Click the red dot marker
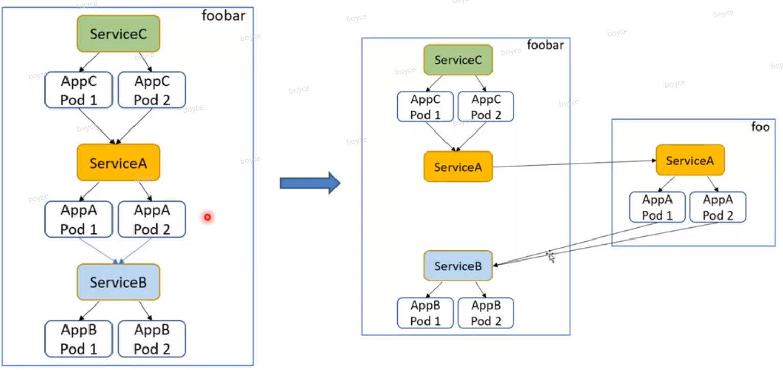click(207, 217)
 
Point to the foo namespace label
click(760, 126)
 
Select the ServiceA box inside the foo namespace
click(690, 161)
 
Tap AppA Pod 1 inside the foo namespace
click(657, 207)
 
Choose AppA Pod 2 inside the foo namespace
click(718, 207)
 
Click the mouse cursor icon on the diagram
click(551, 256)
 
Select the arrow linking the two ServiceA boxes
click(573, 163)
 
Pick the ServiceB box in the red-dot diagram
click(118, 282)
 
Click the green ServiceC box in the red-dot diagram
click(118, 34)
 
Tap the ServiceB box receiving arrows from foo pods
click(458, 266)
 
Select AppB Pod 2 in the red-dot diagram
click(151, 339)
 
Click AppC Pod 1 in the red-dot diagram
click(79, 90)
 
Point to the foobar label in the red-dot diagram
click(223, 15)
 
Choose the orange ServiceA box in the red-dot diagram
click(118, 163)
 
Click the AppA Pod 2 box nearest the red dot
click(151, 219)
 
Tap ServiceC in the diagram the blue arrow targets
click(458, 60)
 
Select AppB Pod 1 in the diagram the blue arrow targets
click(425, 313)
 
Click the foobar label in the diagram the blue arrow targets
click(545, 45)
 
